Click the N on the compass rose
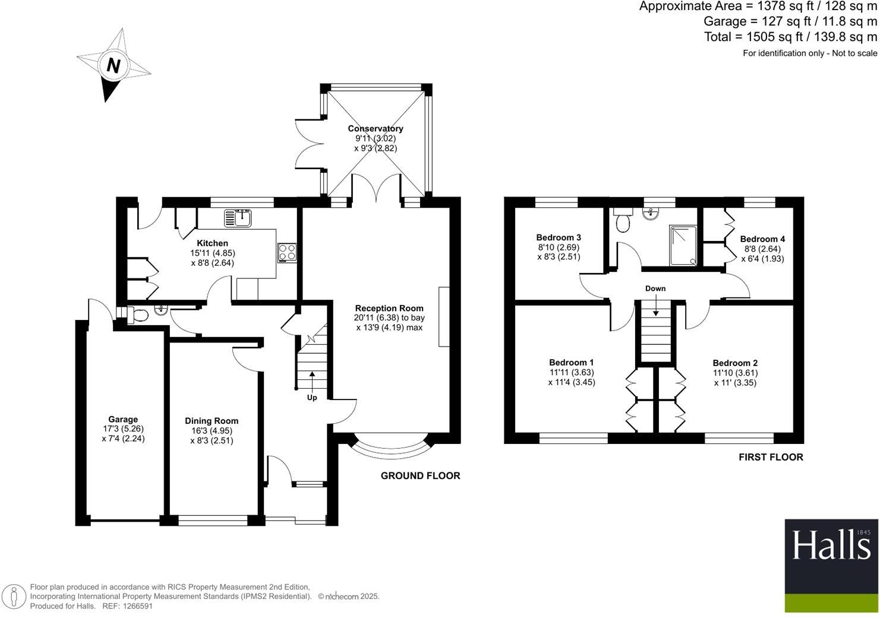point(113,65)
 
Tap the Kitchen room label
point(212,243)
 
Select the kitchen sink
point(238,218)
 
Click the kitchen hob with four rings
point(287,252)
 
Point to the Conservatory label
point(375,128)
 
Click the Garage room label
point(123,419)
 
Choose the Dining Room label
point(212,421)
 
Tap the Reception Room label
point(389,309)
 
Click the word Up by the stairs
point(312,398)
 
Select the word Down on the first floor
point(655,288)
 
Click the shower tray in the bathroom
point(683,245)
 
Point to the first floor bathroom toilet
point(623,221)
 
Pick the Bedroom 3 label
point(559,237)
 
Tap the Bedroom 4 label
point(762,239)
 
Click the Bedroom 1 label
point(571,362)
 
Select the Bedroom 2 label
point(735,363)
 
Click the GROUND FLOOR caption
point(420,475)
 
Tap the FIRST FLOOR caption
point(771,457)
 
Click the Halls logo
point(831,566)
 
